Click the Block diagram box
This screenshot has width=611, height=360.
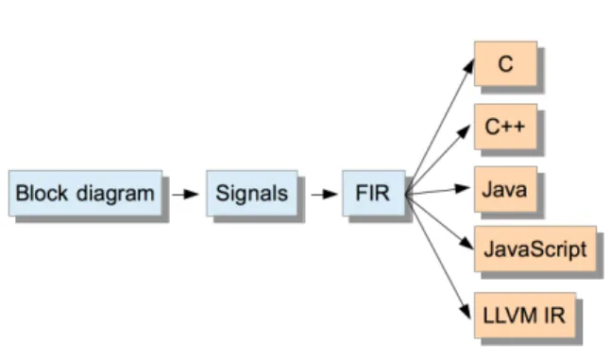tap(85, 193)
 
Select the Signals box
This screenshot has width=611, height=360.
tap(252, 193)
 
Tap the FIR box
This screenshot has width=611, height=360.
tap(374, 193)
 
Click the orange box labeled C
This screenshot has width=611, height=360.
tap(505, 63)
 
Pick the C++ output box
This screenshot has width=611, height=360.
tap(505, 127)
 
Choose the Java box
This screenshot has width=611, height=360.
tap(505, 190)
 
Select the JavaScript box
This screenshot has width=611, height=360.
tap(535, 249)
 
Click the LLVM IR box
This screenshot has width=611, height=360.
tap(525, 316)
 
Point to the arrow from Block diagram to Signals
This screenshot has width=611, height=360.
tap(185, 194)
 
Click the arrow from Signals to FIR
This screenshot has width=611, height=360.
tap(324, 194)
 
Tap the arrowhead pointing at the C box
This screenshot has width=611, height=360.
tap(468, 65)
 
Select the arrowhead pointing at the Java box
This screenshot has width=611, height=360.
tap(462, 189)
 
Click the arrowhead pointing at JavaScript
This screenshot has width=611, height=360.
tap(467, 244)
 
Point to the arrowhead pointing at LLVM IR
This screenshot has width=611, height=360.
tap(465, 311)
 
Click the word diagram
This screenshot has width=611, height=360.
tap(115, 194)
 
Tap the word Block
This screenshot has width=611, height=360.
tap(42, 193)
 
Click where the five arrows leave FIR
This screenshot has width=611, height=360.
tap(406, 194)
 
